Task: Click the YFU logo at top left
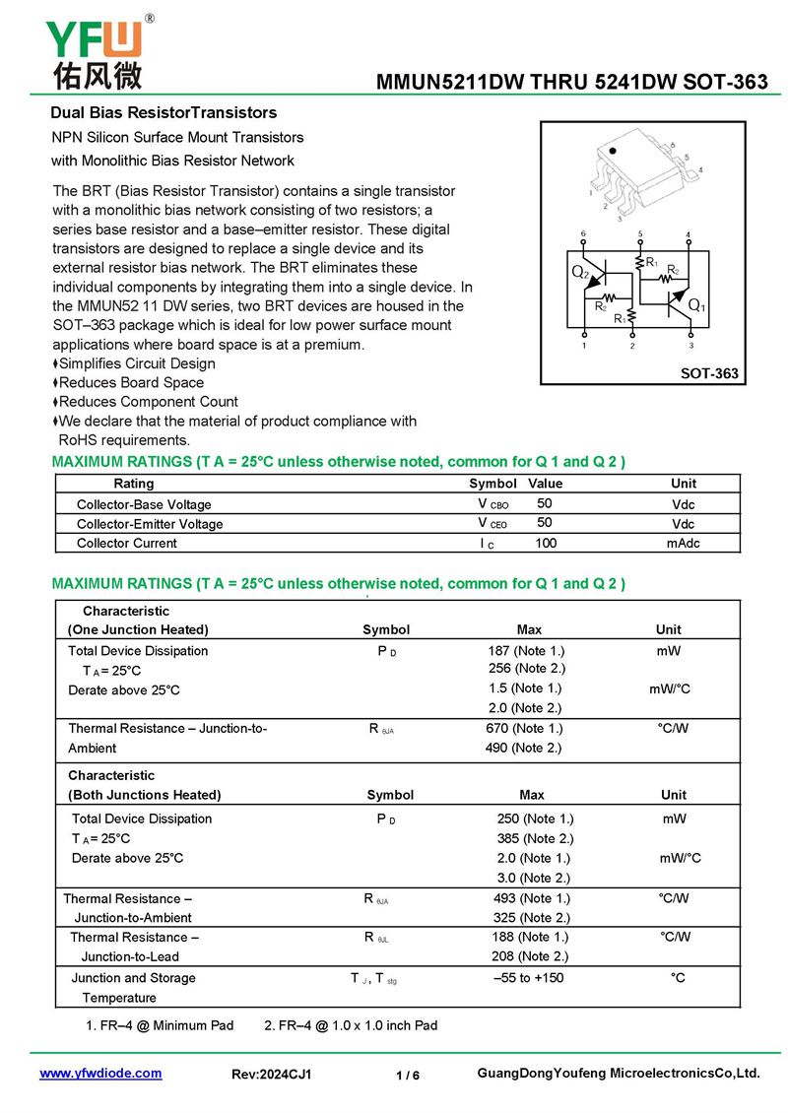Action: [96, 40]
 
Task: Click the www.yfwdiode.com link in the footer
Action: [100, 1074]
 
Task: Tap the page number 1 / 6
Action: [408, 1076]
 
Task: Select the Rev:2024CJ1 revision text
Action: [271, 1075]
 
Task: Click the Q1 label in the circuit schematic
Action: [696, 306]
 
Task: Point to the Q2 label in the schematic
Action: [580, 272]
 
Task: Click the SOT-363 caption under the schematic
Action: [709, 374]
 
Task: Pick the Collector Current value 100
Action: [546, 543]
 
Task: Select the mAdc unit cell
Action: [683, 543]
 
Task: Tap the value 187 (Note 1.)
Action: [526, 651]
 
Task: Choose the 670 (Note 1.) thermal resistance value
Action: [524, 729]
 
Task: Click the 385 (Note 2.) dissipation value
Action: [535, 838]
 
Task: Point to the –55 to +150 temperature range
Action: [529, 978]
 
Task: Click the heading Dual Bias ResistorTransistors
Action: [164, 113]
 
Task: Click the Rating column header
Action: [134, 484]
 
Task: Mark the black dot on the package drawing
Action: [612, 152]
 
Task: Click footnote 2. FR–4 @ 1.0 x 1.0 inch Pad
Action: [351, 1025]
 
